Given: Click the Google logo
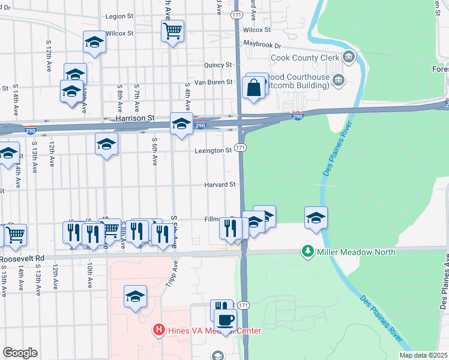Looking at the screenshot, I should [20, 353].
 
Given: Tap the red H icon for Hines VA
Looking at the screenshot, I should [159, 330].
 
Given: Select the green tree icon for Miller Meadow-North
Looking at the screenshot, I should [308, 251].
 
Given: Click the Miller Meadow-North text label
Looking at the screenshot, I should [356, 252].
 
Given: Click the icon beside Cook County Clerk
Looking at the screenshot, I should [349, 58].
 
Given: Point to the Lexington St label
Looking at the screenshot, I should [213, 151].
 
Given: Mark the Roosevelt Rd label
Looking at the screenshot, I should [23, 259].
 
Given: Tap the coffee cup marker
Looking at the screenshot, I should [226, 320].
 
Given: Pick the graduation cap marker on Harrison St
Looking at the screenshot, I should [181, 124].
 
